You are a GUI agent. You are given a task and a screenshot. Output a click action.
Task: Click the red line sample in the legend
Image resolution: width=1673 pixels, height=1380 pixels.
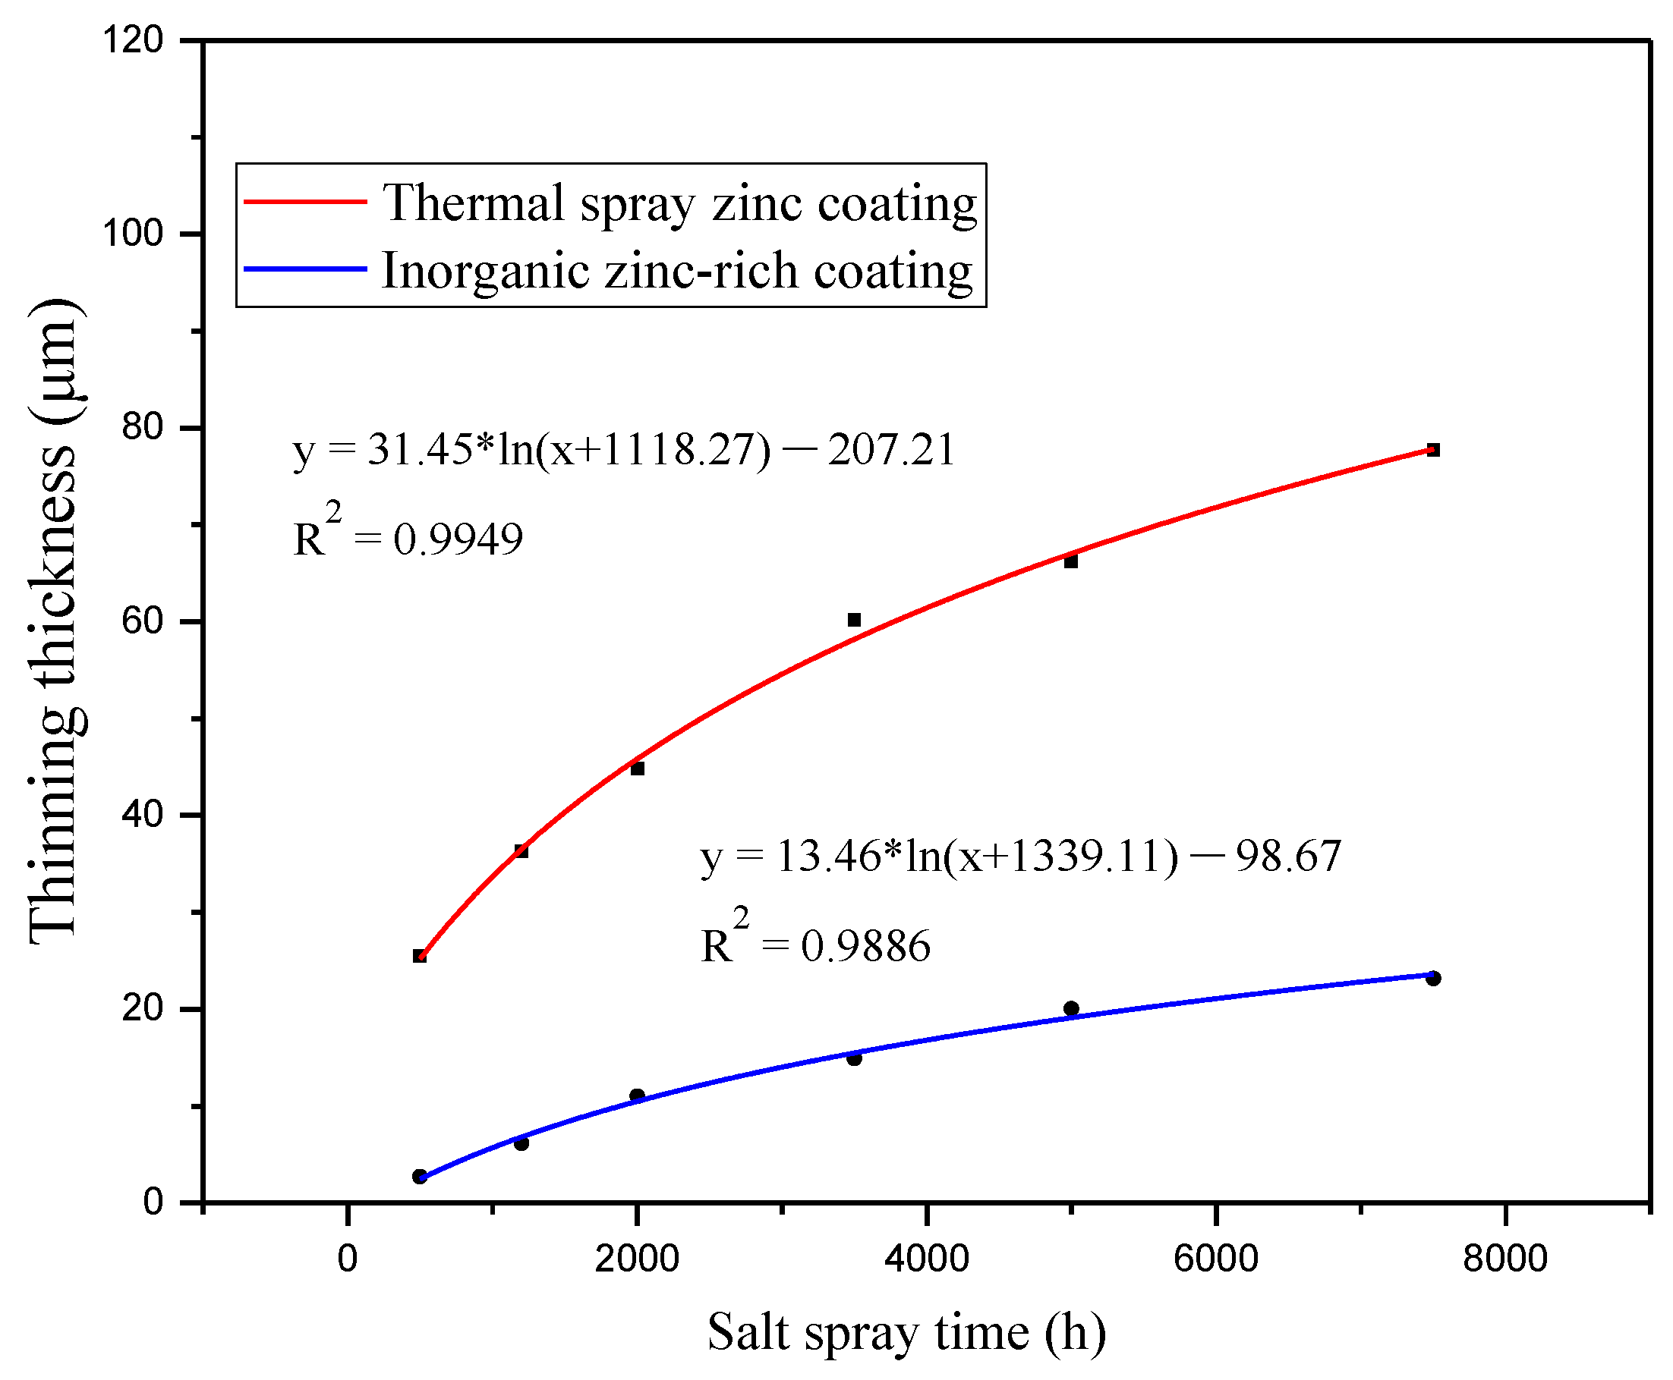tap(304, 201)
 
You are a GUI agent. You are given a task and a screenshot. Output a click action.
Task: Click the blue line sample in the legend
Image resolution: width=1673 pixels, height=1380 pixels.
tap(304, 269)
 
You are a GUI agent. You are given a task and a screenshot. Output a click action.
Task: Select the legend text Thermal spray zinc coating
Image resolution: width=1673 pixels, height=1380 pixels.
tap(679, 203)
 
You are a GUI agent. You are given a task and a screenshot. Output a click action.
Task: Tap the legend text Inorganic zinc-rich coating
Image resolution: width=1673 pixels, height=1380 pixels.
tap(676, 271)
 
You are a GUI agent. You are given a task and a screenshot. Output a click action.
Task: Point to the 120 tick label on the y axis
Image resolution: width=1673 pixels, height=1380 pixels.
tap(132, 39)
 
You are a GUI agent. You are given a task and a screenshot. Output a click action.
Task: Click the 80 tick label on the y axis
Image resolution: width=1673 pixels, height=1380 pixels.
tap(141, 427)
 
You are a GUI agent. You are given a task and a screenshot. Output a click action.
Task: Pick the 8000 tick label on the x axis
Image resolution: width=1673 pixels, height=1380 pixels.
tap(1504, 1259)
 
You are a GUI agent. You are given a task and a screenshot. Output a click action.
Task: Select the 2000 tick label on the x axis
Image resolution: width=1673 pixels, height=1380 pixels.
tap(636, 1259)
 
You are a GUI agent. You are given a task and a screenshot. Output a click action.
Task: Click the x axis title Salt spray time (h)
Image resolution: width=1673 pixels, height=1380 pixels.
tap(906, 1332)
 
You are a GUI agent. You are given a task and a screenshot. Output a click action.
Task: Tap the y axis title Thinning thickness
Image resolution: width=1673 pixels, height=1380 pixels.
tap(54, 620)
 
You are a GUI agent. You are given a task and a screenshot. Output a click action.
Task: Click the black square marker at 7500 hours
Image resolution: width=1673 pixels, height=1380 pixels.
tap(1433, 450)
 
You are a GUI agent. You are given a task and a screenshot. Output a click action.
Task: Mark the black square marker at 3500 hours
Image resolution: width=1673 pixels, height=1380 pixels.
tap(854, 619)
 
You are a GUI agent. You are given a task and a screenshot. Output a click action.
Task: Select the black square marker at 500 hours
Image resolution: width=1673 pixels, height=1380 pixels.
tap(420, 955)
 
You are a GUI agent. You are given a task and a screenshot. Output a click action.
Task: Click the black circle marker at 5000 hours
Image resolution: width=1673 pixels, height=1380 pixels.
tap(1071, 1009)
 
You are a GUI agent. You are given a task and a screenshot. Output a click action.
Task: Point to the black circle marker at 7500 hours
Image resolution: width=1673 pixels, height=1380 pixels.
tap(1433, 979)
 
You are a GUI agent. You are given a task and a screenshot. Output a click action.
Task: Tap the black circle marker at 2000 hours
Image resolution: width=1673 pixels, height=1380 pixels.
tap(637, 1096)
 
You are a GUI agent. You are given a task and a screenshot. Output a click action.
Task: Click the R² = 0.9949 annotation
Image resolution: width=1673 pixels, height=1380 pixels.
tap(408, 533)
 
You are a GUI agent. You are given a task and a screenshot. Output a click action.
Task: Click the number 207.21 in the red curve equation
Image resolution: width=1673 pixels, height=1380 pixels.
tap(890, 450)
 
